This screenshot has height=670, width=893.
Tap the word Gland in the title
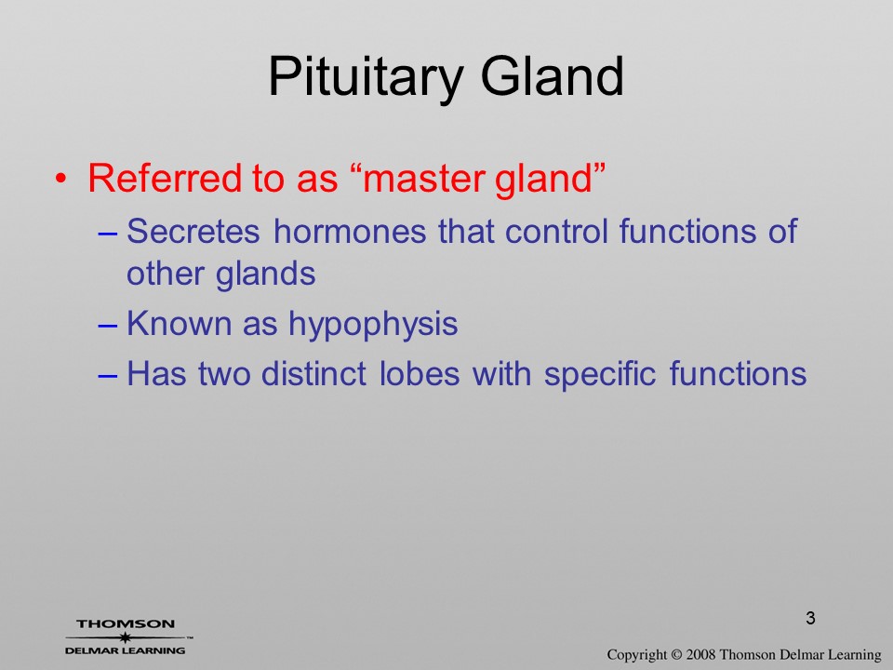point(553,75)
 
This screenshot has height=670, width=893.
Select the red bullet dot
point(60,179)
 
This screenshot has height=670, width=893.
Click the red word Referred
point(164,178)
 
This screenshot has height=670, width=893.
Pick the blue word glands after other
point(265,275)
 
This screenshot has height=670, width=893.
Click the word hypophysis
point(373,325)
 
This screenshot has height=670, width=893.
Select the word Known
point(179,323)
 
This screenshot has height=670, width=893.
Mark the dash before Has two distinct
point(108,375)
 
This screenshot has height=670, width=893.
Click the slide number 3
point(810,618)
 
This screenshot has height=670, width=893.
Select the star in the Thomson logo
point(125,636)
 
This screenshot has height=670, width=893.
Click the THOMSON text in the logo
point(126,623)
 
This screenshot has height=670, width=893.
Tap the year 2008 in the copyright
point(700,654)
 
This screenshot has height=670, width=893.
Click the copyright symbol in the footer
point(676,655)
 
